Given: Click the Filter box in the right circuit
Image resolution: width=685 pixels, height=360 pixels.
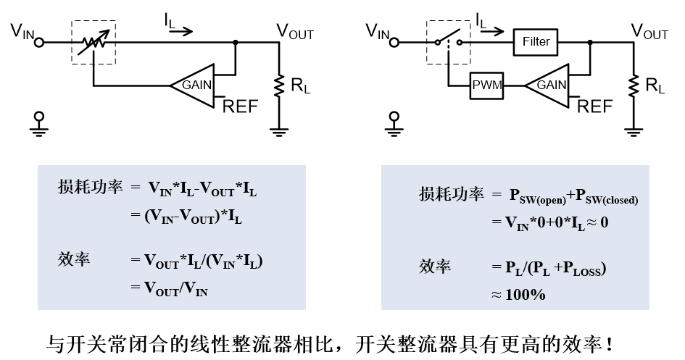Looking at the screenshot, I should (x=536, y=42).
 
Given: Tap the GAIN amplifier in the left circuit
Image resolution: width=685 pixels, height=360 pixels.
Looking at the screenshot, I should (x=194, y=85).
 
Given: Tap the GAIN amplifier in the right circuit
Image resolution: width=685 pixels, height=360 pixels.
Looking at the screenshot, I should (x=548, y=85).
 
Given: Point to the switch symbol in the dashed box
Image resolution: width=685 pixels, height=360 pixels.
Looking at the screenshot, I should (x=447, y=42).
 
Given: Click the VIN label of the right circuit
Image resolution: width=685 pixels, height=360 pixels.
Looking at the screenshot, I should (x=378, y=30).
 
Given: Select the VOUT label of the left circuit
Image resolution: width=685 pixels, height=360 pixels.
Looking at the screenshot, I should (x=294, y=31).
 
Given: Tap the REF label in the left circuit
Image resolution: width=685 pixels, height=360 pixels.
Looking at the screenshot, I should (x=240, y=107).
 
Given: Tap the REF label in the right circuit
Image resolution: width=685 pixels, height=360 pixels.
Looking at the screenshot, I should (x=595, y=107).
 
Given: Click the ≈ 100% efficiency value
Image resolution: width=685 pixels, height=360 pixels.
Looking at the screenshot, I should (x=517, y=294).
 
